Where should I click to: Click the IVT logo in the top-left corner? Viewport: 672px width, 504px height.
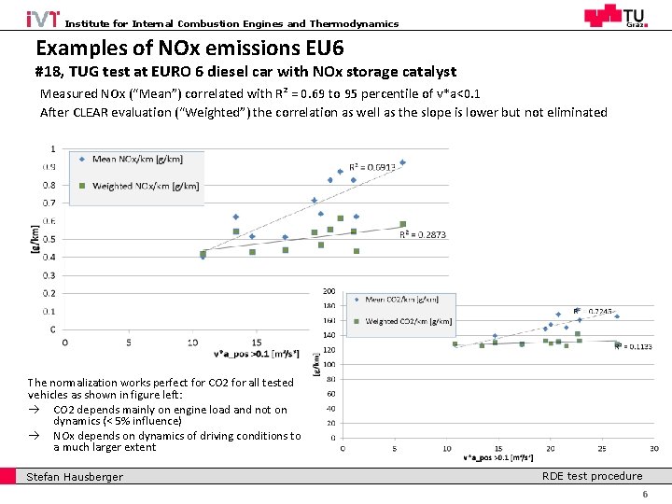pyautogui.click(x=43, y=18)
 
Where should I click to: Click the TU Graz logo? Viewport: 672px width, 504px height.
pyautogui.click(x=613, y=16)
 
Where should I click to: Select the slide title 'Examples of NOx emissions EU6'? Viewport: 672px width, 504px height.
pyautogui.click(x=189, y=48)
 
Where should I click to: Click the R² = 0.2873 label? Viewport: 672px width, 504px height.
pyautogui.click(x=423, y=235)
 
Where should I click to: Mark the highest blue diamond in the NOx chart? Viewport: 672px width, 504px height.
pyautogui.click(x=402, y=162)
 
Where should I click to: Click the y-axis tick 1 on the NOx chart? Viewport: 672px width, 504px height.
pyautogui.click(x=52, y=148)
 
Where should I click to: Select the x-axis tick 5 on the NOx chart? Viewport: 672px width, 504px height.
pyautogui.click(x=129, y=343)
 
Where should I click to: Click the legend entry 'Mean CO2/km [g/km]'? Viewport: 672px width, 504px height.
pyautogui.click(x=401, y=300)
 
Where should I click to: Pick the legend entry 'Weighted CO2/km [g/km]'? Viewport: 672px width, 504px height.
pyautogui.click(x=408, y=321)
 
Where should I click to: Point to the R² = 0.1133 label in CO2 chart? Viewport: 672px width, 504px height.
pyautogui.click(x=632, y=346)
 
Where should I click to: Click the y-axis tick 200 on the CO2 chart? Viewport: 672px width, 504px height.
pyautogui.click(x=329, y=291)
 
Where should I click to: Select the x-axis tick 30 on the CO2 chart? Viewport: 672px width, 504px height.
pyautogui.click(x=654, y=449)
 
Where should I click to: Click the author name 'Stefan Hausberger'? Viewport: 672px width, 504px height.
pyautogui.click(x=75, y=478)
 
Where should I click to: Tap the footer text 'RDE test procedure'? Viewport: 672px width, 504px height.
pyautogui.click(x=592, y=476)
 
